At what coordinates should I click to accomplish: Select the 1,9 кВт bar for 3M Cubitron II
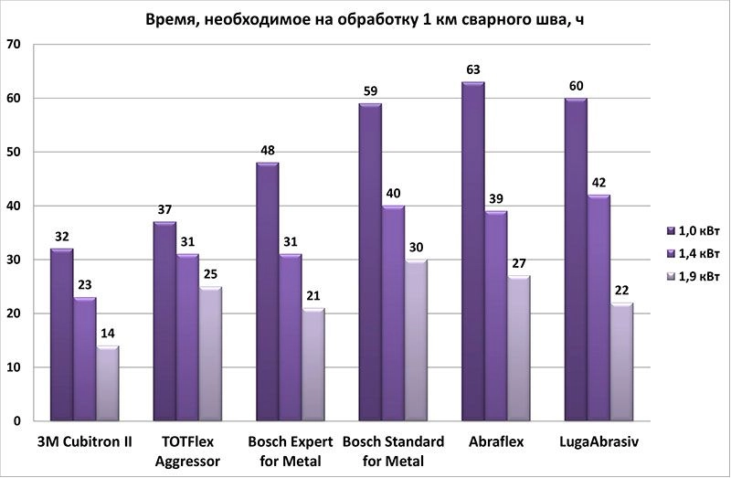click(109, 383)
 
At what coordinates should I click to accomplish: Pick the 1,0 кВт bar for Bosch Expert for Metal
click(268, 292)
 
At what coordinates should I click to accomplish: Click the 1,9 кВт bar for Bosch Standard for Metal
click(417, 340)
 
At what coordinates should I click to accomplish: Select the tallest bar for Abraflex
click(473, 251)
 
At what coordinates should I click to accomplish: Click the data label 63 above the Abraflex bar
click(473, 69)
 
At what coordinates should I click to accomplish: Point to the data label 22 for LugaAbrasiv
click(622, 291)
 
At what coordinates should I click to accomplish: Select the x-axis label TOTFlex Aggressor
click(189, 451)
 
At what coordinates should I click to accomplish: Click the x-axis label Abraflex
click(496, 442)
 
